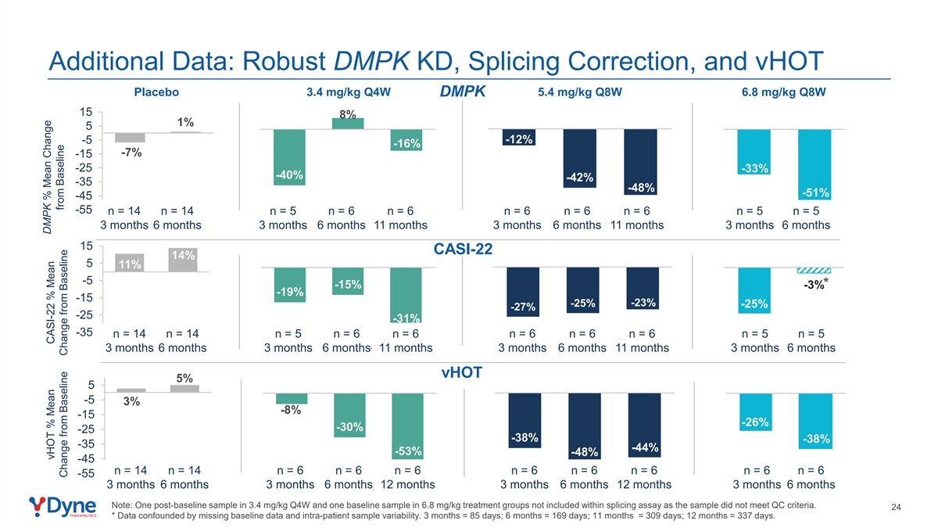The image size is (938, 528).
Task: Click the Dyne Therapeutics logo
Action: click(63, 507)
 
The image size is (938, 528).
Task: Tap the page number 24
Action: click(896, 507)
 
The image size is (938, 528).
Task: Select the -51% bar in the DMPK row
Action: click(814, 164)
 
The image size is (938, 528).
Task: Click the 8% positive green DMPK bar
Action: click(348, 124)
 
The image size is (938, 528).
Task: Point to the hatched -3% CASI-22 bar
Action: click(814, 271)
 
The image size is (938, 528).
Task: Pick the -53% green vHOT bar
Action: click(407, 426)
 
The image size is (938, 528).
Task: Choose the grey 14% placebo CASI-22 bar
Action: click(183, 260)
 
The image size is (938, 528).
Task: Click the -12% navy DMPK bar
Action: click(519, 138)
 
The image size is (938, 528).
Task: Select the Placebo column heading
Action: click(156, 92)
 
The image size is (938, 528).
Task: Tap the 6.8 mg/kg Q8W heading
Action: click(783, 92)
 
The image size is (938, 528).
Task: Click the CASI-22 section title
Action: click(463, 249)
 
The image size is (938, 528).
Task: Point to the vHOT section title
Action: click(462, 372)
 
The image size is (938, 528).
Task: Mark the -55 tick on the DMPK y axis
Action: click(84, 210)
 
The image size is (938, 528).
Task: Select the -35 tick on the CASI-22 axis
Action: click(84, 332)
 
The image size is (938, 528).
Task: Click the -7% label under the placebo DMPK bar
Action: click(131, 153)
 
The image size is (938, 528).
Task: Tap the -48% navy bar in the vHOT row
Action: click(585, 426)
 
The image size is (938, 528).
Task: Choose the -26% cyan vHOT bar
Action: click(755, 412)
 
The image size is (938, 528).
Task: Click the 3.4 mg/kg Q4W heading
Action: click(349, 92)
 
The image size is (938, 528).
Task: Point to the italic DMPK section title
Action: click(462, 92)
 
